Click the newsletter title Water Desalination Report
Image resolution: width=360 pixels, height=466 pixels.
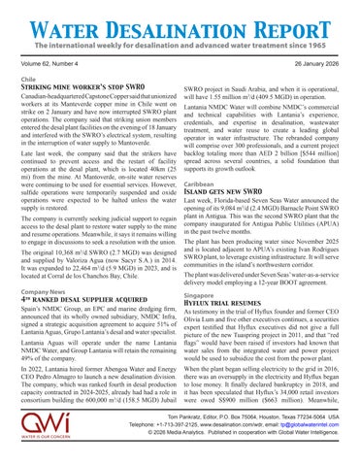point(180,20)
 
